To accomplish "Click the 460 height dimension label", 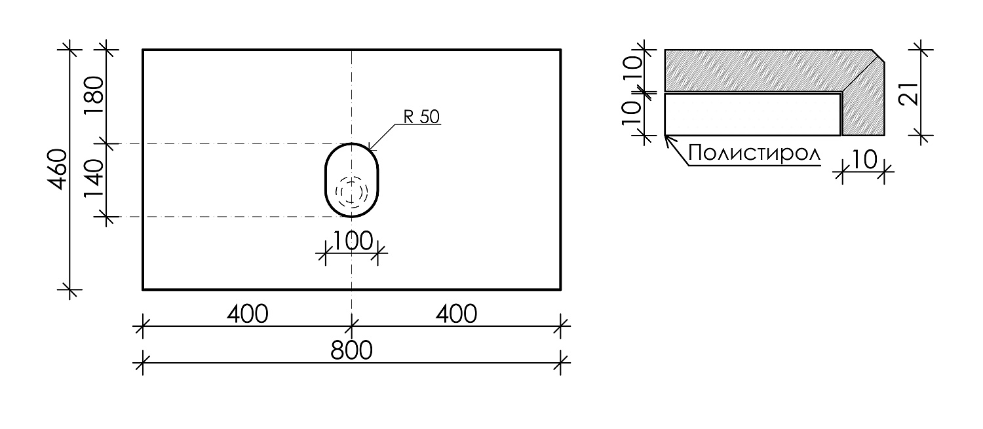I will tap(58, 170).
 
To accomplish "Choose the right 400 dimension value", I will tap(456, 314).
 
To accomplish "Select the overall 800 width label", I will tap(351, 350).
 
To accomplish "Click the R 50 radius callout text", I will tap(421, 117).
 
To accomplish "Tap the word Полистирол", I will tap(754, 155).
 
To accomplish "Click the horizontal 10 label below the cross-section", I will tap(864, 160).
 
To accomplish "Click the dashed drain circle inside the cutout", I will tap(352, 191).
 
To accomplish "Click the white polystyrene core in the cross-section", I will tap(752, 115).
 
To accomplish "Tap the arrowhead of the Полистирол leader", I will tap(666, 138).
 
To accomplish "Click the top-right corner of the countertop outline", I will tap(560, 49).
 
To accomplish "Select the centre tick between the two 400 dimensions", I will tap(352, 325).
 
